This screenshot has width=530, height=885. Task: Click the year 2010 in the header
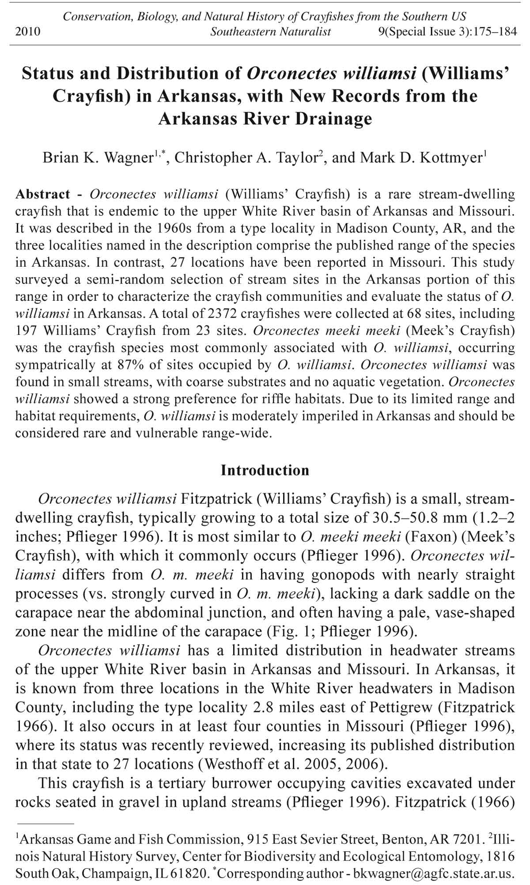(27, 32)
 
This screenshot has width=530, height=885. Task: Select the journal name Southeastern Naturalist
(270, 32)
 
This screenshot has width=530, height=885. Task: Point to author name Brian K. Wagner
(98, 158)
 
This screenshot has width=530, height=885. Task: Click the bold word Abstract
(42, 194)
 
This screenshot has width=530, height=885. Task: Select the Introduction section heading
(265, 470)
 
